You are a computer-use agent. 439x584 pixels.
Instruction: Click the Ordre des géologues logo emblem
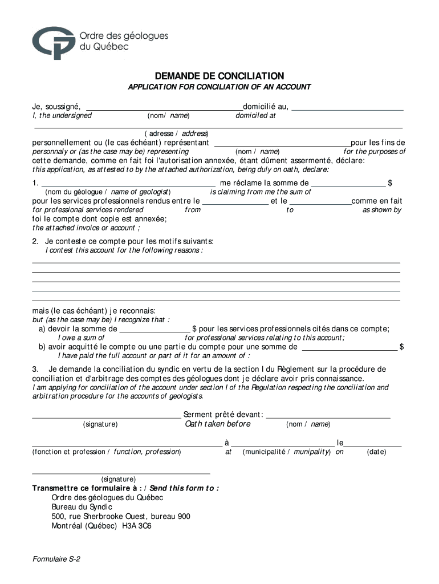54,42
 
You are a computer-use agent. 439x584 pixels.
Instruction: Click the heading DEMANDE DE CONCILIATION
219,76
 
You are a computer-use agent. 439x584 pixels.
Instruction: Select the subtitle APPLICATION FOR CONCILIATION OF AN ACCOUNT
219,87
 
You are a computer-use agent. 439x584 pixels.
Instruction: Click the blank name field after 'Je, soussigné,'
164,106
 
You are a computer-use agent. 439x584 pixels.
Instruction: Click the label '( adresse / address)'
173,133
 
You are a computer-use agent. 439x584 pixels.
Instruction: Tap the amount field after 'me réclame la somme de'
348,183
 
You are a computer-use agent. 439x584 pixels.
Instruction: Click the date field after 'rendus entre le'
235,201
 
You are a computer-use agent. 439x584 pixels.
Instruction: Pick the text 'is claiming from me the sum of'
261,192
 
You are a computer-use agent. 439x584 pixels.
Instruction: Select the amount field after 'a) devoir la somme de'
155,329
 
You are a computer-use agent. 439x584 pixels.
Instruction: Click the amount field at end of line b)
349,347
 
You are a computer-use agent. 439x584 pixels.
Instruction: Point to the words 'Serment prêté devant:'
223,414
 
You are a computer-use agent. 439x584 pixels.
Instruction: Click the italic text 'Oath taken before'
218,424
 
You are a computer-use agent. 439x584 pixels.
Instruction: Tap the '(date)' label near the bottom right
376,452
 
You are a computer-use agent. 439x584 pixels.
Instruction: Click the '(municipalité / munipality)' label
286,452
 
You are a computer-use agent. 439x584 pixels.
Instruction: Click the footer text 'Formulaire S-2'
56,559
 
